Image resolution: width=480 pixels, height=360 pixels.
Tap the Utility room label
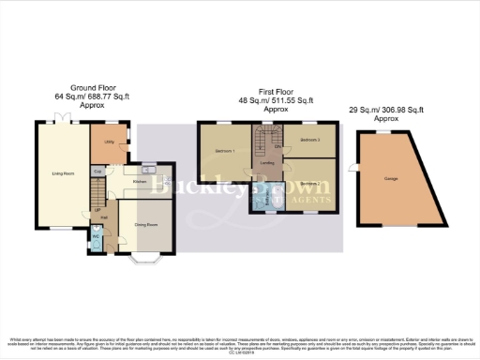tap(110, 141)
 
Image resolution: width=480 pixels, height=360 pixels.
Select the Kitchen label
tap(140, 180)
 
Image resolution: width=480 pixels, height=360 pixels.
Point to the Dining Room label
tap(145, 224)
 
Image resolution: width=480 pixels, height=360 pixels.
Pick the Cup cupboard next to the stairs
tap(97, 172)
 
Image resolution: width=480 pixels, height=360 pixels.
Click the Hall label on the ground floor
tap(105, 217)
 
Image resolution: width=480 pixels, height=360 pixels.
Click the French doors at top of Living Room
tap(60, 122)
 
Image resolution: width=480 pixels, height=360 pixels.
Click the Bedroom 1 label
tap(223, 151)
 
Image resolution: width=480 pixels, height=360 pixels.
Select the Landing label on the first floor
tap(267, 163)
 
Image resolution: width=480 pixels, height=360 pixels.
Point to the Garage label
tap(389, 177)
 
